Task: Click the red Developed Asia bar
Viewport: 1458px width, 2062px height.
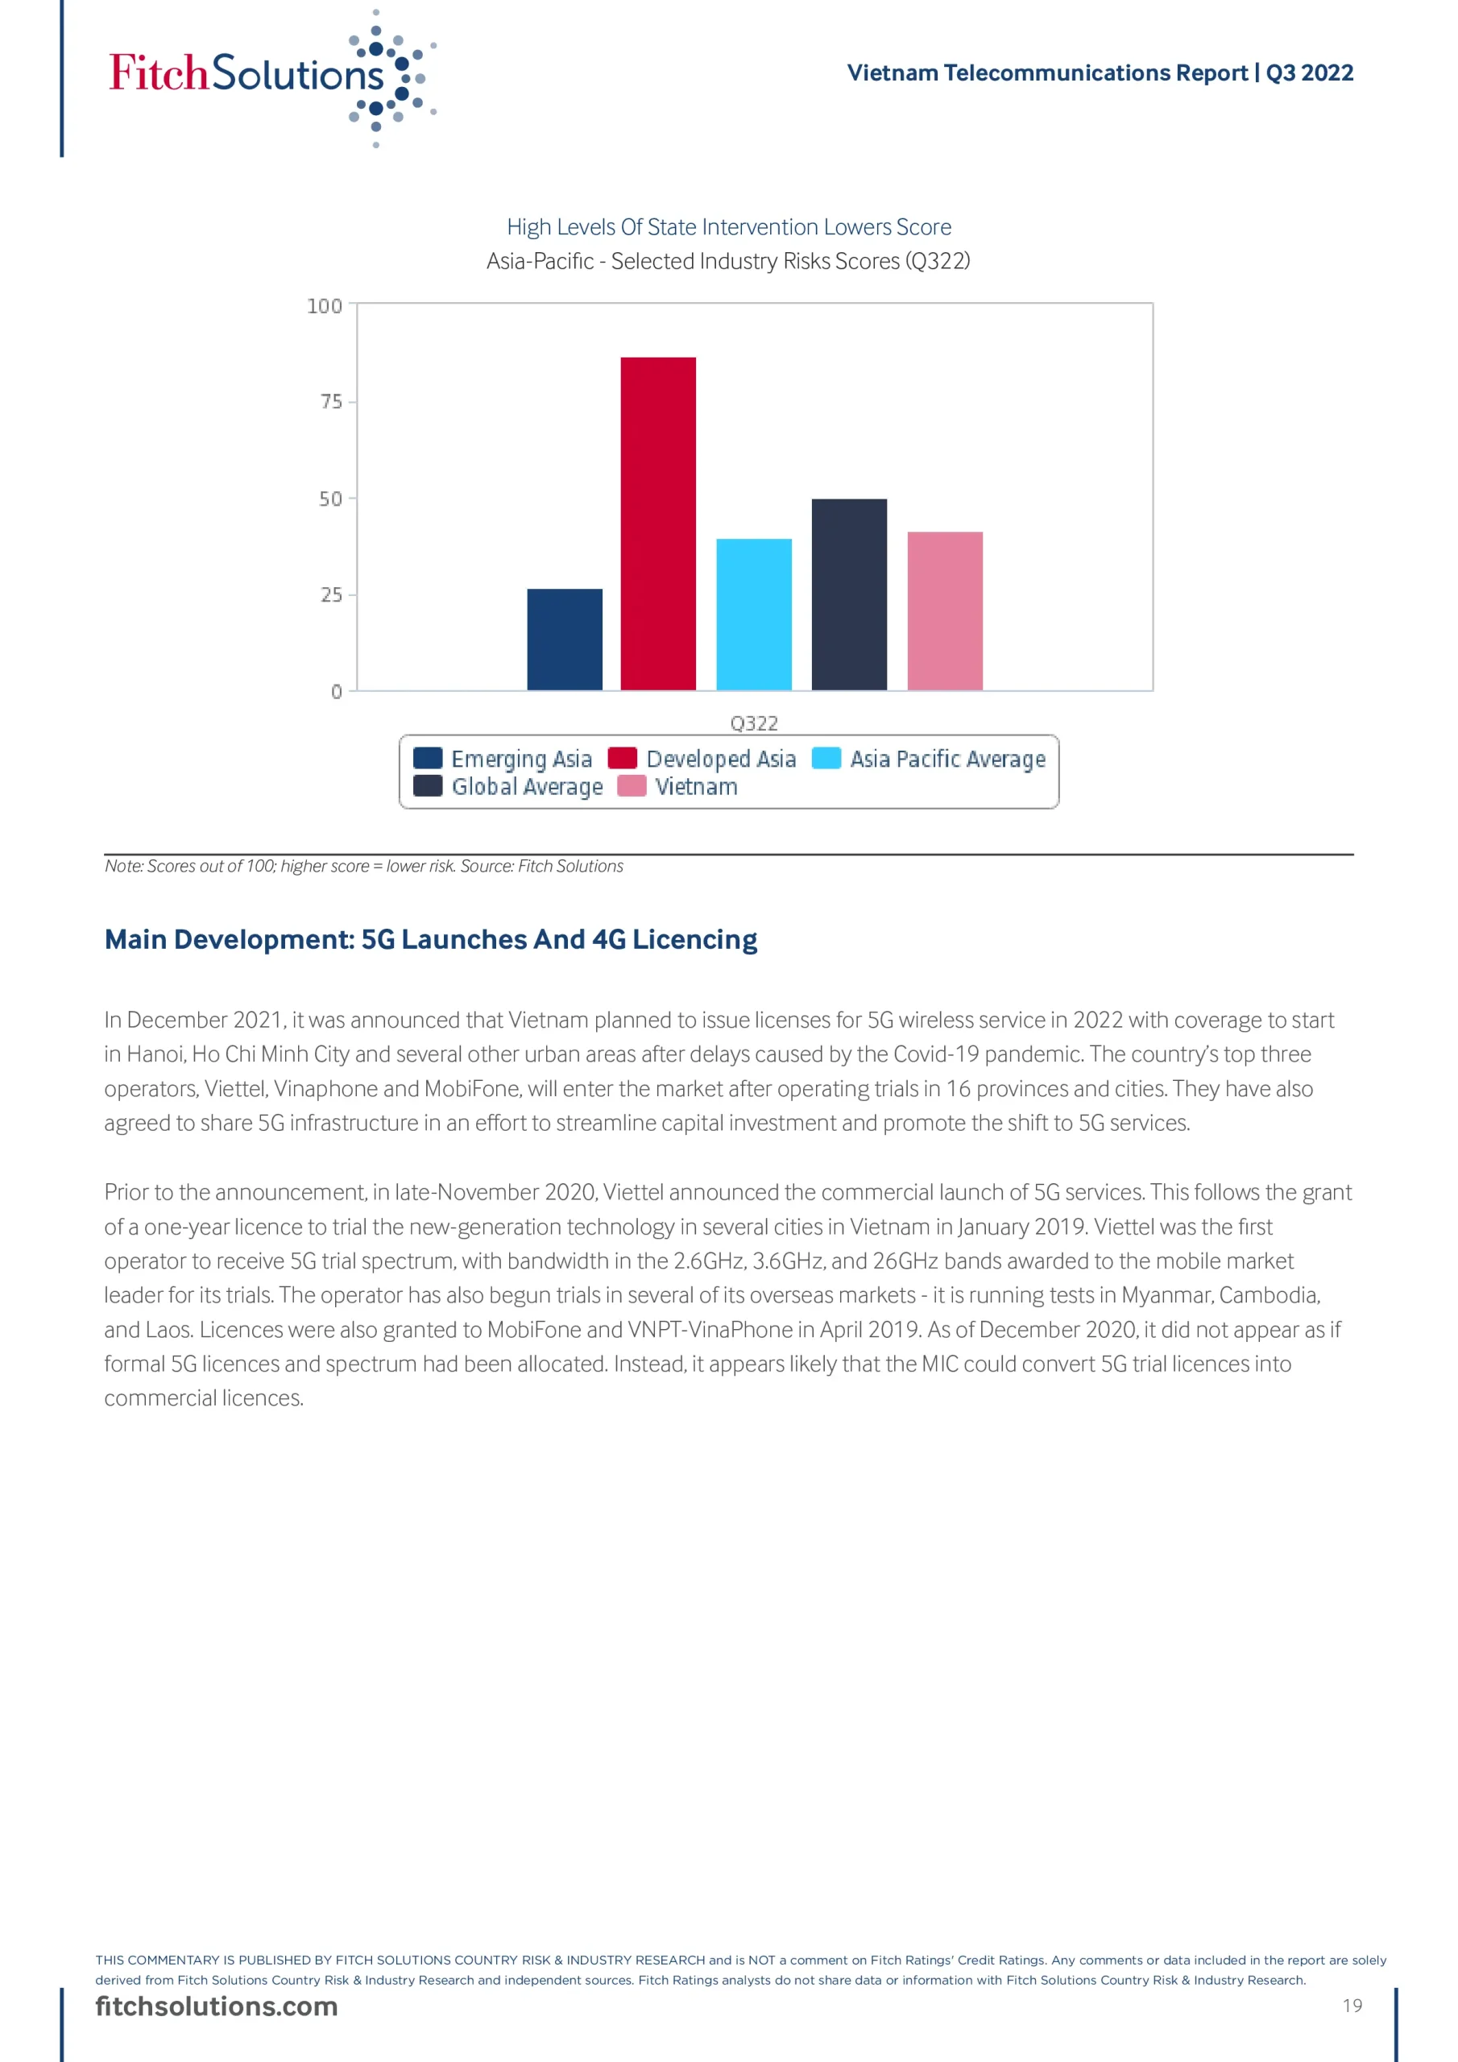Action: [x=657, y=524]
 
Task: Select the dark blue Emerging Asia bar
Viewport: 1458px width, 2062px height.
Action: [x=564, y=640]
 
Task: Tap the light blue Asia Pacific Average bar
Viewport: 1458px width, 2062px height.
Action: [x=754, y=615]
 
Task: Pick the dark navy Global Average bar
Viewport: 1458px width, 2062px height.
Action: [x=849, y=594]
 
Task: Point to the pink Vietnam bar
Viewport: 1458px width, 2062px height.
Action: [x=944, y=611]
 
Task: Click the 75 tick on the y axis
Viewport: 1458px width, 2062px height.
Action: [x=332, y=401]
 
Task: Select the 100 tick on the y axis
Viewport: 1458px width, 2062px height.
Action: [x=325, y=306]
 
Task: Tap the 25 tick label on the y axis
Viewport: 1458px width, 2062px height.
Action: [x=332, y=594]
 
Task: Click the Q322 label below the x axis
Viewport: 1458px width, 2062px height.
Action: [x=754, y=723]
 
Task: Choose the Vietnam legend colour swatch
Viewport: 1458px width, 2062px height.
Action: [x=632, y=786]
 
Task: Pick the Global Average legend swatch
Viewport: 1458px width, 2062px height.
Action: [x=428, y=786]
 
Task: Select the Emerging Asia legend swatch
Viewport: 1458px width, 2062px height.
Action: [x=428, y=758]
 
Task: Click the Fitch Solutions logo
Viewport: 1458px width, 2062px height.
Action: [x=270, y=77]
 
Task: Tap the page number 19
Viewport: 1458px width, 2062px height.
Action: [x=1352, y=2006]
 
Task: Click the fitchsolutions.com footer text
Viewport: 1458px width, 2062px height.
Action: [x=217, y=2006]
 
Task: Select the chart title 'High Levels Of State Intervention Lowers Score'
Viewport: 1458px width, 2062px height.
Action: [x=728, y=227]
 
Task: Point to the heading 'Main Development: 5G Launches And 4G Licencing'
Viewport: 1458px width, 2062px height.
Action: [x=430, y=939]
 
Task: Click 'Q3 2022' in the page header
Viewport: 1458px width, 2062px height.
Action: [x=1309, y=72]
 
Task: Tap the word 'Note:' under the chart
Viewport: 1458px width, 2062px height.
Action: [x=124, y=866]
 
